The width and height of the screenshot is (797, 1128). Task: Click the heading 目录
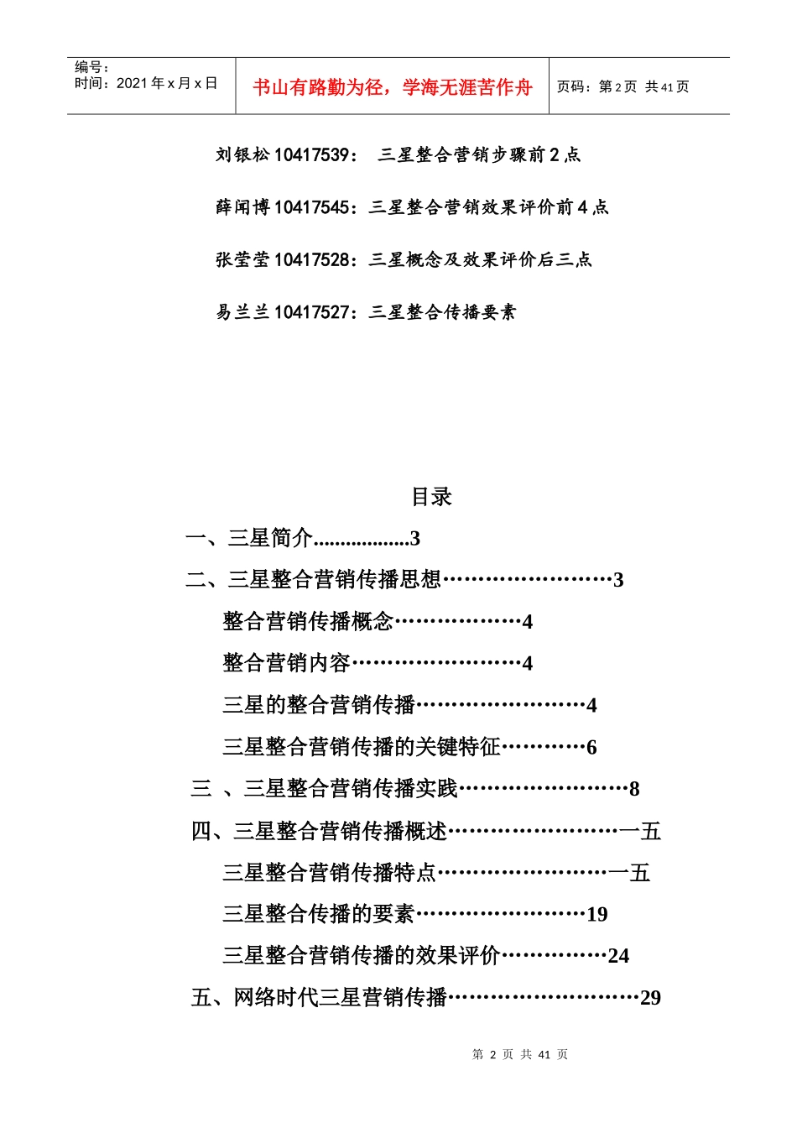click(431, 497)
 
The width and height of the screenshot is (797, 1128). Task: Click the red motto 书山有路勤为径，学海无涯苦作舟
click(392, 87)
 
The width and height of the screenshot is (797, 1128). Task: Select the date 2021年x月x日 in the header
click(166, 83)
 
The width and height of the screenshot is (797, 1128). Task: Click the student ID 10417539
click(311, 154)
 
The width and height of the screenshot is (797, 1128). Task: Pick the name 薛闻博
click(242, 207)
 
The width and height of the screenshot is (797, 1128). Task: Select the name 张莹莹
click(242, 259)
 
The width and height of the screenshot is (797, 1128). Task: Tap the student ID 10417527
click(311, 312)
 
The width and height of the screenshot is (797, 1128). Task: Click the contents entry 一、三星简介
click(249, 538)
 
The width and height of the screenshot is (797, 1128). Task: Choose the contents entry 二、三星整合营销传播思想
click(314, 580)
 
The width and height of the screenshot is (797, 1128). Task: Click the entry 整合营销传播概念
click(308, 621)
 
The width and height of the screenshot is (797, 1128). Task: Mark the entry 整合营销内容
click(286, 663)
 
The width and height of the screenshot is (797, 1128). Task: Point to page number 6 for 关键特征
click(591, 747)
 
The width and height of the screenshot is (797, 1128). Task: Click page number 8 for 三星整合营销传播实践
click(634, 789)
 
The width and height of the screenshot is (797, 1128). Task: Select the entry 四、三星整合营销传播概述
click(320, 831)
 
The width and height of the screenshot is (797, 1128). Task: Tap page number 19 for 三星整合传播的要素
click(596, 914)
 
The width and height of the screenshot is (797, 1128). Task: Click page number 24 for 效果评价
click(618, 956)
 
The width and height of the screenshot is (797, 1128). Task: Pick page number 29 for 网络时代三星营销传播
click(650, 998)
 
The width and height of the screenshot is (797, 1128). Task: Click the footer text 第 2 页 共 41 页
click(520, 1054)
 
